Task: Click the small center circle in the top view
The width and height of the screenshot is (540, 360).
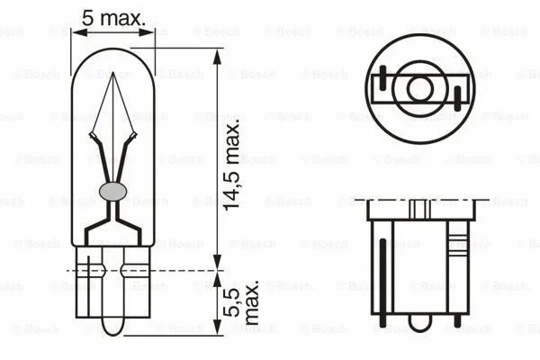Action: tap(418, 88)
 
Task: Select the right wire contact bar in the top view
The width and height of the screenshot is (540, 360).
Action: tap(459, 94)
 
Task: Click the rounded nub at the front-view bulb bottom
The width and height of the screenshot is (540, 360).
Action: tap(113, 325)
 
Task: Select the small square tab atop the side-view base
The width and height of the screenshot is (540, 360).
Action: tap(416, 207)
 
